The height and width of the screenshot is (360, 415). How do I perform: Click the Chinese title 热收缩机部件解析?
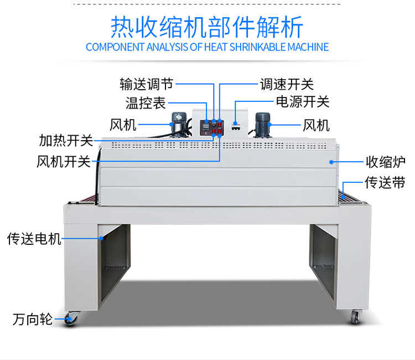point(207,25)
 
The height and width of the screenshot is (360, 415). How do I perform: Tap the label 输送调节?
point(146,84)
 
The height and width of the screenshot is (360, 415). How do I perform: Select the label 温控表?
point(146,103)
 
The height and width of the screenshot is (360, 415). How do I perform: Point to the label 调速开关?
point(287,84)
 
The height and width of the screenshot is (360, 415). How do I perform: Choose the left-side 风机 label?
point(123,125)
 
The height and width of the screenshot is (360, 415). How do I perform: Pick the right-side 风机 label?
point(317,125)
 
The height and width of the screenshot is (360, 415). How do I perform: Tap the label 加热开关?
point(65,141)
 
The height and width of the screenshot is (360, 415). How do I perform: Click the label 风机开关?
point(63,162)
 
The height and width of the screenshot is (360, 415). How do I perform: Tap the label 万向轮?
point(32,320)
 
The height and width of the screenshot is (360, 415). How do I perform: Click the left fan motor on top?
point(177,123)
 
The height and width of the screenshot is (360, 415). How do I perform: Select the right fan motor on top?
point(261,123)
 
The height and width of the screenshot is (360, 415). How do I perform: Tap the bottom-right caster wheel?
point(354,317)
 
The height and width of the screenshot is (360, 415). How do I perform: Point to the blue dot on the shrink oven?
point(331,162)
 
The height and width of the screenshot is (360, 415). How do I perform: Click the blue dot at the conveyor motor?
point(102,239)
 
